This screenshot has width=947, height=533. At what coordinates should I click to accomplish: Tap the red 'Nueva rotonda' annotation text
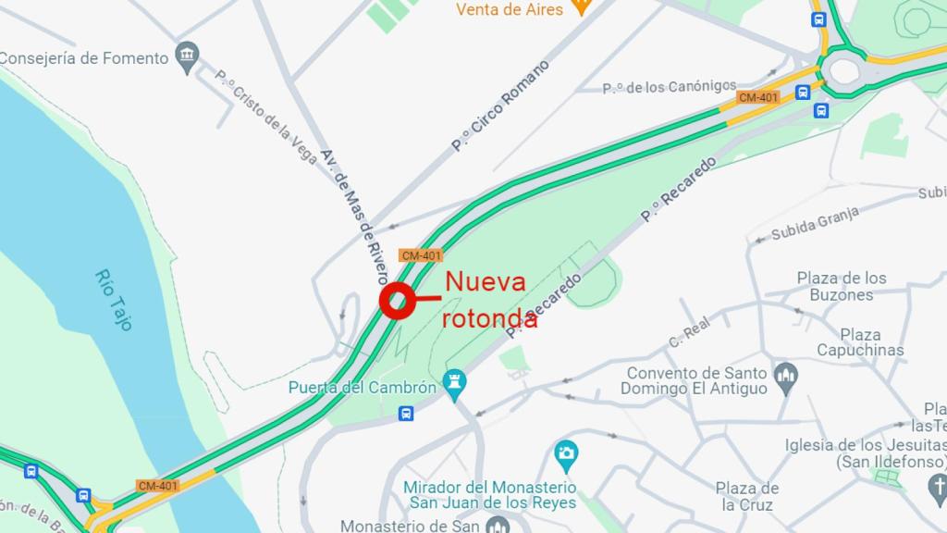click(x=487, y=298)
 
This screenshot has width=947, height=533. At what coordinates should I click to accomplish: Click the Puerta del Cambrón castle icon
click(x=454, y=381)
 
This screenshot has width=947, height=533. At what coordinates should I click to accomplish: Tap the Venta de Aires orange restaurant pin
click(x=581, y=7)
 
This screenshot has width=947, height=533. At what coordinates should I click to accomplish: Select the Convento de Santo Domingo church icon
click(x=786, y=375)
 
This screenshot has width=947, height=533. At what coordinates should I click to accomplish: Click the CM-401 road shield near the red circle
click(x=421, y=254)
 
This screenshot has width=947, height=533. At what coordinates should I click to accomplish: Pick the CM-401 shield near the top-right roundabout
click(x=758, y=97)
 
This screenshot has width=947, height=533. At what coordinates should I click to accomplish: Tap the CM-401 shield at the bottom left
click(x=157, y=485)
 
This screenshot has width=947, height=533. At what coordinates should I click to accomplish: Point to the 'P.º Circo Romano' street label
click(x=500, y=105)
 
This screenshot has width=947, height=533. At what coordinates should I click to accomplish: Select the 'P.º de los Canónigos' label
click(x=669, y=88)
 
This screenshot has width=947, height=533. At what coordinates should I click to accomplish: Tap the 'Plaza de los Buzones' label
click(x=842, y=286)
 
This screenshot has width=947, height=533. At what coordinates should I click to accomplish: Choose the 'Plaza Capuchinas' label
click(x=860, y=341)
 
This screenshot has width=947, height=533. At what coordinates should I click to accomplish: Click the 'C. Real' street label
click(x=689, y=334)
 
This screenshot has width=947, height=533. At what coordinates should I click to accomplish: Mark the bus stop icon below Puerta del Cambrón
click(x=405, y=413)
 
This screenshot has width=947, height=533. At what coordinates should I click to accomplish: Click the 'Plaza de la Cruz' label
click(x=748, y=496)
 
